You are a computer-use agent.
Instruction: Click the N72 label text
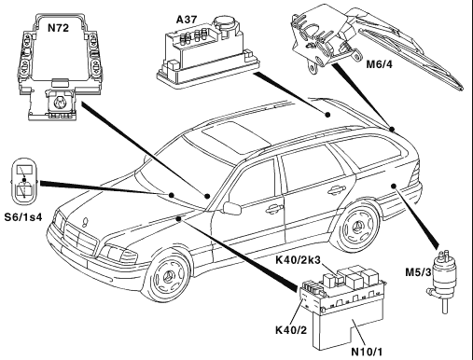point(58,28)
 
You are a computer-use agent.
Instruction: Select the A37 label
point(187,20)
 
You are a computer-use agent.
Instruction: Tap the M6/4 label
point(379,64)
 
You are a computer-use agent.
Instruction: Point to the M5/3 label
point(418,272)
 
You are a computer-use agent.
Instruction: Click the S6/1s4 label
point(23,216)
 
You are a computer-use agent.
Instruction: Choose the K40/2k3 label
point(298,259)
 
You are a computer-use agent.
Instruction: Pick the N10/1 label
point(367,352)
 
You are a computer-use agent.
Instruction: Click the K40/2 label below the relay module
point(291,330)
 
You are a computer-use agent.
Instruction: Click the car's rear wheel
point(357,228)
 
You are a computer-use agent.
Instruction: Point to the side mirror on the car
point(232,208)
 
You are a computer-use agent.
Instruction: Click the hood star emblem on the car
point(85,222)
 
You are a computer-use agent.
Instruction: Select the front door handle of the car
point(273,210)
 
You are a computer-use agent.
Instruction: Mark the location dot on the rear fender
point(394,186)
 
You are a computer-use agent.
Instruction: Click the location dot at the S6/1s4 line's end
point(172,195)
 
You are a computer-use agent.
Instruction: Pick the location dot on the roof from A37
point(327,115)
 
